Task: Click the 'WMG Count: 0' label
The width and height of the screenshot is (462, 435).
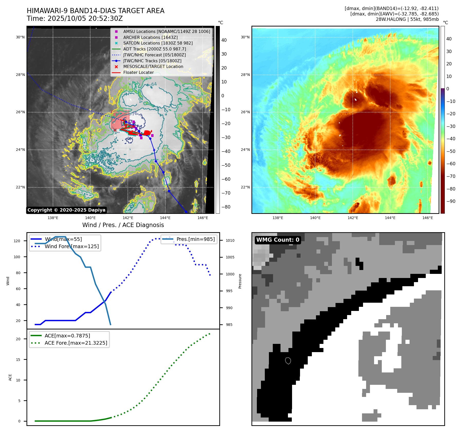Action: [x=278, y=240]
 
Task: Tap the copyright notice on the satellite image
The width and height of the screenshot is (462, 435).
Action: [x=66, y=210]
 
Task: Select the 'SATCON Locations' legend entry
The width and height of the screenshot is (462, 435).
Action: [x=158, y=43]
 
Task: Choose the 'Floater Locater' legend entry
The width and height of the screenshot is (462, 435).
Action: [x=138, y=72]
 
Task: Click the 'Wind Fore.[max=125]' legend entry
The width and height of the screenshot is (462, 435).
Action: [x=71, y=246]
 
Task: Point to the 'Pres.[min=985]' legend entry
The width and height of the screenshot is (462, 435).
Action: [x=195, y=239]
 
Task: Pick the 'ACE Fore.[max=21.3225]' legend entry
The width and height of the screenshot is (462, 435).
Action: [x=76, y=343]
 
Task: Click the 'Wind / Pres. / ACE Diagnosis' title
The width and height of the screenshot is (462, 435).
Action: [x=123, y=225]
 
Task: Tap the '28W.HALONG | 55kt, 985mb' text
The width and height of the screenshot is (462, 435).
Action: [x=407, y=19]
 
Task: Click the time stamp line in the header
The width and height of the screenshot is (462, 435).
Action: [x=75, y=19]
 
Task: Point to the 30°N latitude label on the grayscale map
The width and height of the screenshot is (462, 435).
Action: [x=20, y=37]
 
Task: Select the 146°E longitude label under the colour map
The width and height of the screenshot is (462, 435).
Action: [x=428, y=218]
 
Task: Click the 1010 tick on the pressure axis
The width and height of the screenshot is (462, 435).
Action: [x=230, y=240]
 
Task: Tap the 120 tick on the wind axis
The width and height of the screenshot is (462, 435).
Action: [x=17, y=241]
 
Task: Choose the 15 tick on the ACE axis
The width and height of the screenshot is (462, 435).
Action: [x=18, y=360]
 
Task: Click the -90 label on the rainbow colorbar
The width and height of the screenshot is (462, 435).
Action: [x=451, y=201]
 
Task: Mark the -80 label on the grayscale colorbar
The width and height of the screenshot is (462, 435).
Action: [x=226, y=207]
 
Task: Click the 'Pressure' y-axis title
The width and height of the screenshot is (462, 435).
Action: [x=240, y=281]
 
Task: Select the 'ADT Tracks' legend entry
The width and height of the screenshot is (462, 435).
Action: [x=154, y=49]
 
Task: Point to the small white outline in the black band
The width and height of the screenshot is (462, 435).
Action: [x=288, y=361]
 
